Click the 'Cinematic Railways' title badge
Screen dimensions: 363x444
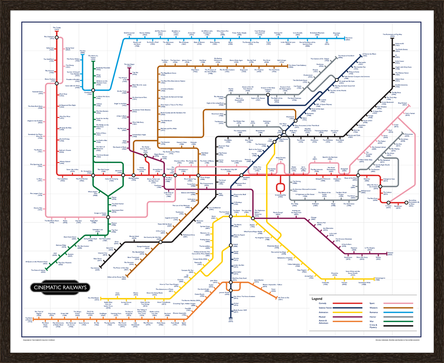tap(60, 288)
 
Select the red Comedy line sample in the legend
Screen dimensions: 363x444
tap(343, 303)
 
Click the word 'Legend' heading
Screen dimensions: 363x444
tap(317, 299)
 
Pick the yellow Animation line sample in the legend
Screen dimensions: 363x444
tap(343, 312)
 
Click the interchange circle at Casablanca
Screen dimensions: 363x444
tap(93, 90)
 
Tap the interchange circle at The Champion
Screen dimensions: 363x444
tap(57, 37)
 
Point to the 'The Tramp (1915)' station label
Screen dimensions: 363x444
tap(57, 28)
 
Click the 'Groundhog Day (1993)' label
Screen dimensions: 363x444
tap(280, 196)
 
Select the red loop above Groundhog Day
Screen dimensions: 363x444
tap(280, 187)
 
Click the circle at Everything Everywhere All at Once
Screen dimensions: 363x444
tap(407, 203)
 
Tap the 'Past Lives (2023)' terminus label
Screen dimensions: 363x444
tap(349, 39)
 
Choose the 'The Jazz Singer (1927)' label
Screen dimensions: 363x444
tap(129, 65)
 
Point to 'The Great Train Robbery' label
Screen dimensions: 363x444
tap(297, 66)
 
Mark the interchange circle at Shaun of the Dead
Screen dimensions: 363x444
tap(358, 175)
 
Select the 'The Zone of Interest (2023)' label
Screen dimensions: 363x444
tap(38, 271)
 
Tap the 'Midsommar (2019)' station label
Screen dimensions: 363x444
tap(409, 135)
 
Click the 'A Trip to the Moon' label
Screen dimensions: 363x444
tap(369, 54)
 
